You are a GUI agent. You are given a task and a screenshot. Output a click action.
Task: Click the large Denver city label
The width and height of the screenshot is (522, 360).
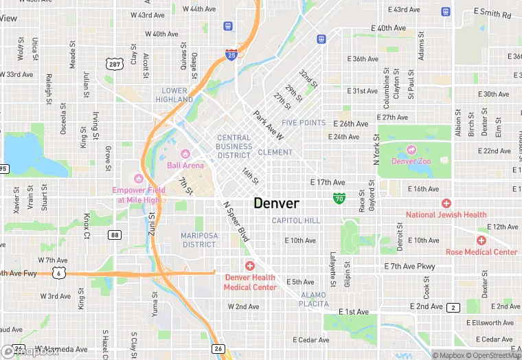tap(277, 203)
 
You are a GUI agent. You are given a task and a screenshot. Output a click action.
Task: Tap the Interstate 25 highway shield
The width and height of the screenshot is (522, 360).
tap(232, 54)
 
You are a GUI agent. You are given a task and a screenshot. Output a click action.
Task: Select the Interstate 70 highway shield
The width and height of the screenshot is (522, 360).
tap(339, 199)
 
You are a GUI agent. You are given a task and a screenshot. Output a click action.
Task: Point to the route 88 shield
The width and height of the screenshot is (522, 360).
tap(115, 235)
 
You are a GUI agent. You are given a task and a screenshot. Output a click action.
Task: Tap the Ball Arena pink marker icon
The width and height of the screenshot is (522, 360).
tap(185, 153)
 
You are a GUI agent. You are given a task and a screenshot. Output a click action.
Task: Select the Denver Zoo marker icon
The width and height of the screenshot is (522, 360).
tap(411, 149)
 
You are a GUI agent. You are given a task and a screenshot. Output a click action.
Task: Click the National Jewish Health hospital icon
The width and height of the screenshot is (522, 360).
tap(446, 203)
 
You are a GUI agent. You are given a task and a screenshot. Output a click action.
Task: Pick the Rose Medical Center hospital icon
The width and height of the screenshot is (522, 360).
tap(481, 240)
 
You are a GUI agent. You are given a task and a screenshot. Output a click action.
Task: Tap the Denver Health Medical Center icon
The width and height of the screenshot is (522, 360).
tap(250, 266)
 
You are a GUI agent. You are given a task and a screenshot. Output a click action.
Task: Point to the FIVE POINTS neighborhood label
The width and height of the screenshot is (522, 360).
tap(304, 123)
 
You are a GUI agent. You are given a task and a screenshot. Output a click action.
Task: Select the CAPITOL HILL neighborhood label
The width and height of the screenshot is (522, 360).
tap(296, 221)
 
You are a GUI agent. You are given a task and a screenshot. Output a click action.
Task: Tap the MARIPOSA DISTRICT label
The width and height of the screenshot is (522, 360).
tap(198, 240)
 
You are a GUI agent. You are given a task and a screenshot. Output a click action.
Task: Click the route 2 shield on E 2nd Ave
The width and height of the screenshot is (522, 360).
tap(453, 307)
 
